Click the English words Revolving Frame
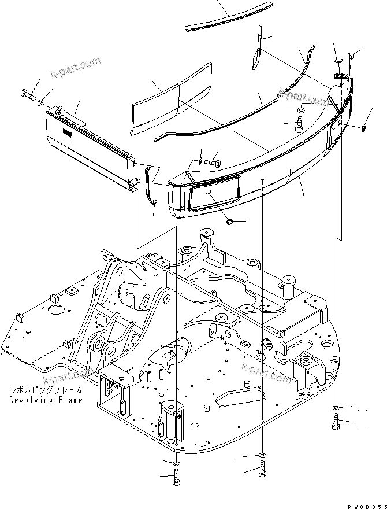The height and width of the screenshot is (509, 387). tap(46, 400)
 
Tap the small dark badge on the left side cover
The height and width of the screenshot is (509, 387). tap(68, 134)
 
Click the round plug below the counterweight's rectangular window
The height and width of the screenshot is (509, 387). tap(229, 222)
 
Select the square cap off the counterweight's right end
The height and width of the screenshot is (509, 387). tap(365, 127)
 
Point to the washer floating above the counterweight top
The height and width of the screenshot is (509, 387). tap(302, 110)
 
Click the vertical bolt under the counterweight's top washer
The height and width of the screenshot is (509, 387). tap(300, 124)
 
